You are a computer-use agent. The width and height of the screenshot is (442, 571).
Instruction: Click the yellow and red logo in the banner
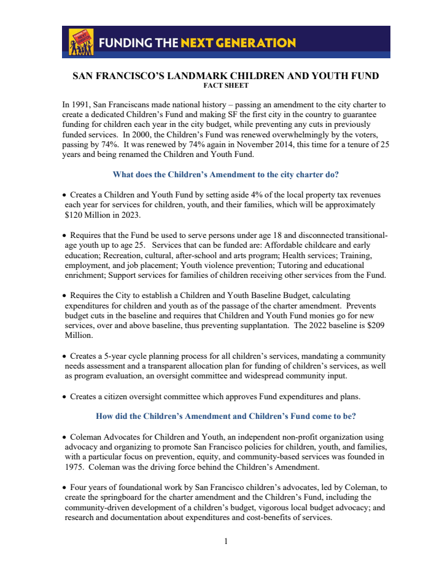coord(81,42)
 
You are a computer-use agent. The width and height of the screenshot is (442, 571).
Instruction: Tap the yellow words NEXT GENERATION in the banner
coord(238,43)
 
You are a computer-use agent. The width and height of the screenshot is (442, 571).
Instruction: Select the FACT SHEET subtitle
coord(225,86)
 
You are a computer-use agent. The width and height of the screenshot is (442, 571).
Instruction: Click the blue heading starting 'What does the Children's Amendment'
coord(225,175)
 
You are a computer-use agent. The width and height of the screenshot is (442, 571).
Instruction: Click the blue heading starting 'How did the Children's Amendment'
coord(225,416)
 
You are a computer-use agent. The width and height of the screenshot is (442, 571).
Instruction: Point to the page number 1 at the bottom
coord(225,541)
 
